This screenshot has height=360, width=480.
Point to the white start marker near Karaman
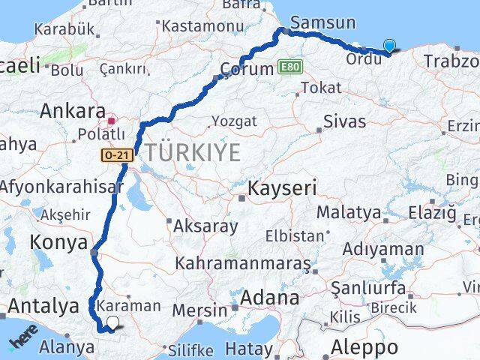pos(112,323)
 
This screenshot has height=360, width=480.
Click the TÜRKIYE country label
pos(193,152)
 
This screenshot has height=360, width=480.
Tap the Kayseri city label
pos(283,187)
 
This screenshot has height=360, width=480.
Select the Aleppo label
pos(367,347)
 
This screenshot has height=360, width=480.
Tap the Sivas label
pos(344,121)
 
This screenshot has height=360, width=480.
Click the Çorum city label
pos(245,69)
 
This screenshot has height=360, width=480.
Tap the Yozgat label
pos(234,121)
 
